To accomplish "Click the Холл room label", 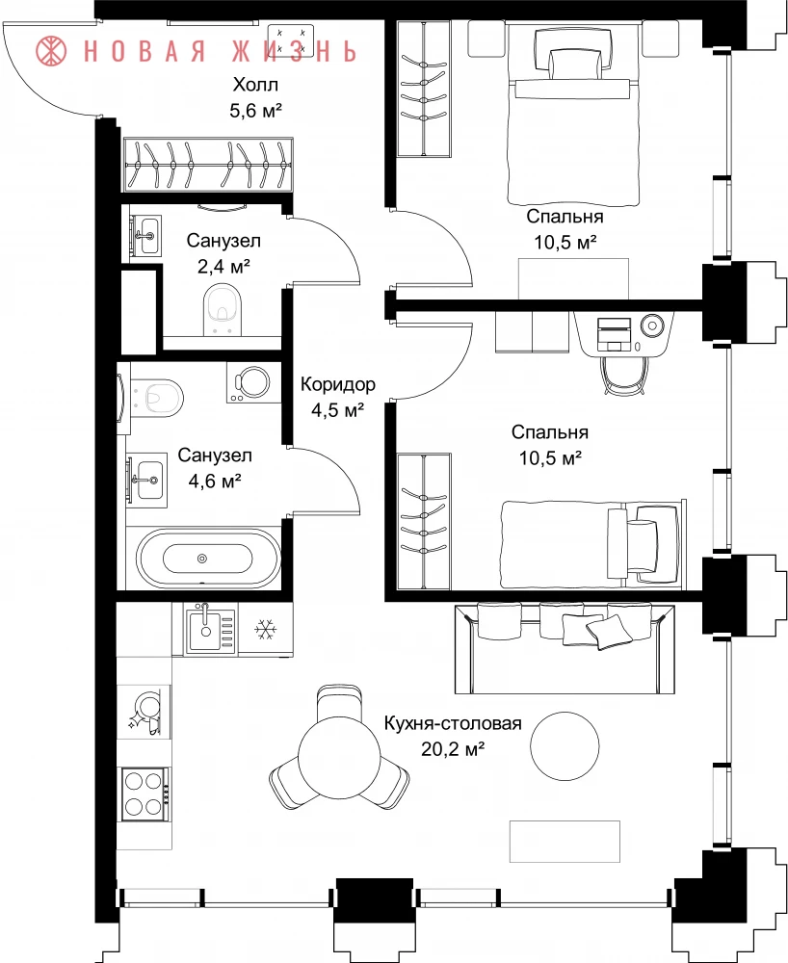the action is coord(255,84).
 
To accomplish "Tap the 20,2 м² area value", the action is coord(454,748).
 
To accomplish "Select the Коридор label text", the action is coord(338,384).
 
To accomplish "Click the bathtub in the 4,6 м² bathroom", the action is coord(203,559).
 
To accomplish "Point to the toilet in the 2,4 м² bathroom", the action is coord(222,309).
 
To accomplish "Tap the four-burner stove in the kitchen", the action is coord(144,794).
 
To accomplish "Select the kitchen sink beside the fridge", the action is coord(209,628).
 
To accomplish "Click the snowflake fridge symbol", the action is coord(266,630).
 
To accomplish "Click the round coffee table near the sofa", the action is coord(565,745).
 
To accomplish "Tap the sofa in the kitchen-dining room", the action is coord(564,647).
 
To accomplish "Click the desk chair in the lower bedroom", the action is coord(625,374).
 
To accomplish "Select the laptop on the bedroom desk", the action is coord(615,334).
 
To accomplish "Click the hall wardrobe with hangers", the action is coord(207,165).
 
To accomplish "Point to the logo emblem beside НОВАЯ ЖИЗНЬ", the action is coord(52,50).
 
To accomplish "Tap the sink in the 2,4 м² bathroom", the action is coord(146,235).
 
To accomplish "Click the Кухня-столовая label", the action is coord(454,723).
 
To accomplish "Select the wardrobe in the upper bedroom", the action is coord(424,89).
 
